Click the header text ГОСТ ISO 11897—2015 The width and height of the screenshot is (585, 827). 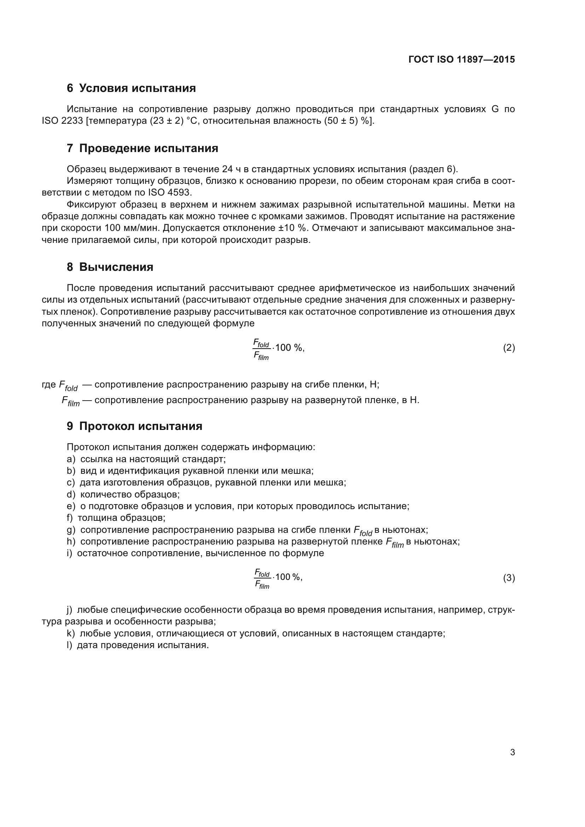pos(462,59)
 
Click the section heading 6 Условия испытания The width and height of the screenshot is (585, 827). pos(131,88)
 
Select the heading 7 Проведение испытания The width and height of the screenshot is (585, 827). pos(142,148)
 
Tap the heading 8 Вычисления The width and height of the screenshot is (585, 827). pos(110,267)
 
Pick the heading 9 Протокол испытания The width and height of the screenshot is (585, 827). pos(134,426)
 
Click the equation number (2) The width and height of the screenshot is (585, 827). pos(509,348)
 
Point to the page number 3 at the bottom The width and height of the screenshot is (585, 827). pos(512,752)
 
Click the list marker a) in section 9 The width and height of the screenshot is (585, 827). pos(71,459)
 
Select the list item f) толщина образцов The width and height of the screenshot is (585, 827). pos(116,518)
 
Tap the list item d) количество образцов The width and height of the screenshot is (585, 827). pos(123,495)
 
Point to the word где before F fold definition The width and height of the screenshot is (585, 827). pos(48,385)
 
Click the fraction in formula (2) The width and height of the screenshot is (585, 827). pos(261,348)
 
